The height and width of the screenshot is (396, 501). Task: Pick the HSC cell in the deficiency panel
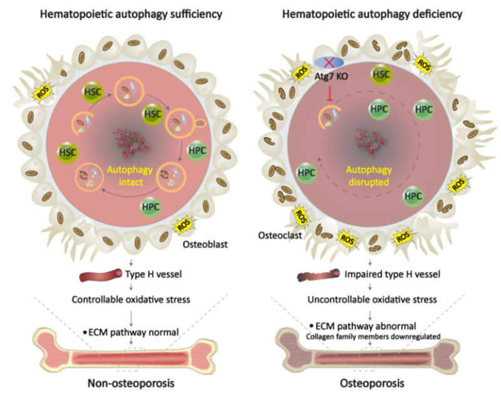(x=380, y=74)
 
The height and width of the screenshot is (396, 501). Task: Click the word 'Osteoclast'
(x=277, y=235)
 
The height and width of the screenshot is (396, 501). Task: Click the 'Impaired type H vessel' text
(x=387, y=274)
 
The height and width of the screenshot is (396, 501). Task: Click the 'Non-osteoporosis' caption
(x=131, y=383)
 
